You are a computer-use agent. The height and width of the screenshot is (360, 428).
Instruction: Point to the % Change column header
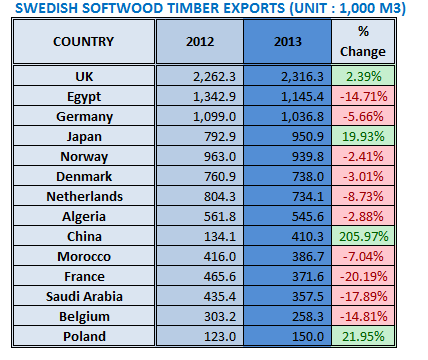click(364, 42)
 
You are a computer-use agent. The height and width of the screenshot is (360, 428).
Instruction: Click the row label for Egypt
click(83, 95)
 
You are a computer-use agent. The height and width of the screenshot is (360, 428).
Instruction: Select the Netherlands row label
click(83, 197)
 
